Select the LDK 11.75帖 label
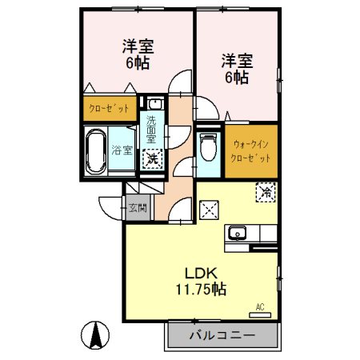click(200, 279)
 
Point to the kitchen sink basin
click(237, 234)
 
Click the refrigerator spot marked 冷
click(263, 193)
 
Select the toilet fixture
click(207, 149)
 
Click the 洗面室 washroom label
click(151, 129)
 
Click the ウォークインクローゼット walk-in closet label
click(251, 151)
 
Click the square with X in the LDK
click(211, 210)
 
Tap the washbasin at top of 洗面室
click(153, 104)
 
